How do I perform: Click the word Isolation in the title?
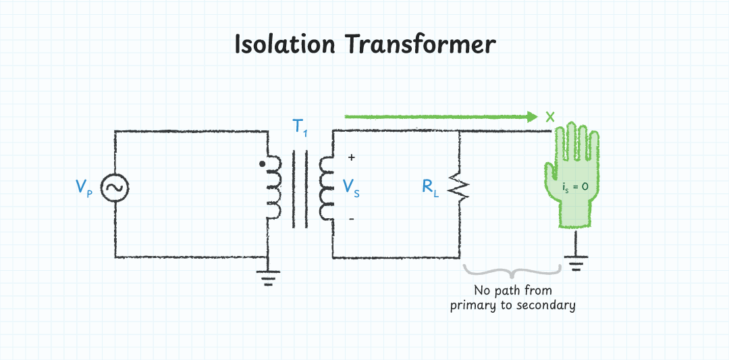(284, 45)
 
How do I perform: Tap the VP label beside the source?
(84, 188)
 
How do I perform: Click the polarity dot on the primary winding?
(263, 163)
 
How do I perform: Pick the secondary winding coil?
(326, 190)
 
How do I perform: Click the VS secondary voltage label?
(352, 188)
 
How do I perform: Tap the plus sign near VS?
(351, 157)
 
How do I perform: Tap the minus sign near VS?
(351, 220)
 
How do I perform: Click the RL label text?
(431, 188)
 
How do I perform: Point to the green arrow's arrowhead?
(532, 116)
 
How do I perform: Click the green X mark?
(550, 116)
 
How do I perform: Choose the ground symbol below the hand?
(575, 261)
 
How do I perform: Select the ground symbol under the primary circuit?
(269, 277)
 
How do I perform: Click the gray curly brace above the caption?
(513, 272)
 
